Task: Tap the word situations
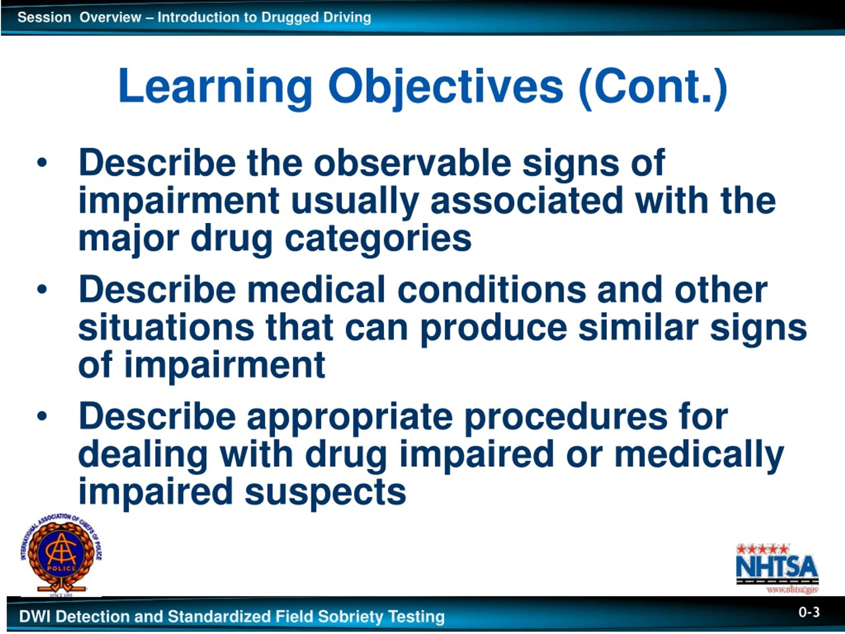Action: coord(166,328)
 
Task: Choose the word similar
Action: coord(638,328)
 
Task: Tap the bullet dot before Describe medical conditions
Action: coord(42,289)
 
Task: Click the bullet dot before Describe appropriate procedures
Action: coord(42,416)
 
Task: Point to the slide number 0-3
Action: coord(809,612)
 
